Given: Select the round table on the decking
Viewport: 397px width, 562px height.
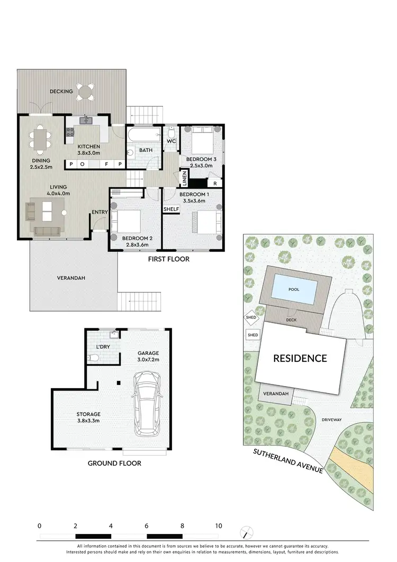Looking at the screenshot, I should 85,92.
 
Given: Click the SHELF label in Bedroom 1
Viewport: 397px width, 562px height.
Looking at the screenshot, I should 171,209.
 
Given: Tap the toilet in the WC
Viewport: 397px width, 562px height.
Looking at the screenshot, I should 171,132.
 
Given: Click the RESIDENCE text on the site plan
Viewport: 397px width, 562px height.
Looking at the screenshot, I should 300,358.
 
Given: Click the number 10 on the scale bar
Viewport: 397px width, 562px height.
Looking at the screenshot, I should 218,526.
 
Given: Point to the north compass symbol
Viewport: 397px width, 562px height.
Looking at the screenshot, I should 244,531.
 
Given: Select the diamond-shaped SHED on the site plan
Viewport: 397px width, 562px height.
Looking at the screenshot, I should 251,318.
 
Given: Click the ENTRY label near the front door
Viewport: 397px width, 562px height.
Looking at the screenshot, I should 100,212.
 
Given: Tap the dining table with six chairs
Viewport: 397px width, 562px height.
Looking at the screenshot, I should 41,140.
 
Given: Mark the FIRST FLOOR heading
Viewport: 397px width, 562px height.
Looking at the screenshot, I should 168,260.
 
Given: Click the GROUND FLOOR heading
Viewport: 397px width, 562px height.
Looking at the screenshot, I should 114,463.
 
